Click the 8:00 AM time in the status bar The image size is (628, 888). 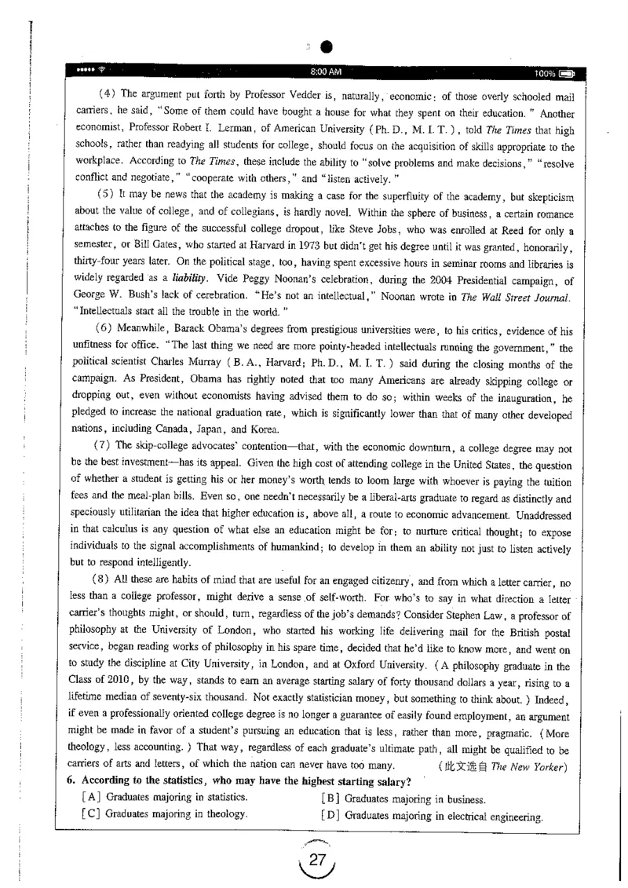point(326,71)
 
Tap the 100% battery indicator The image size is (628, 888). point(553,72)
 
